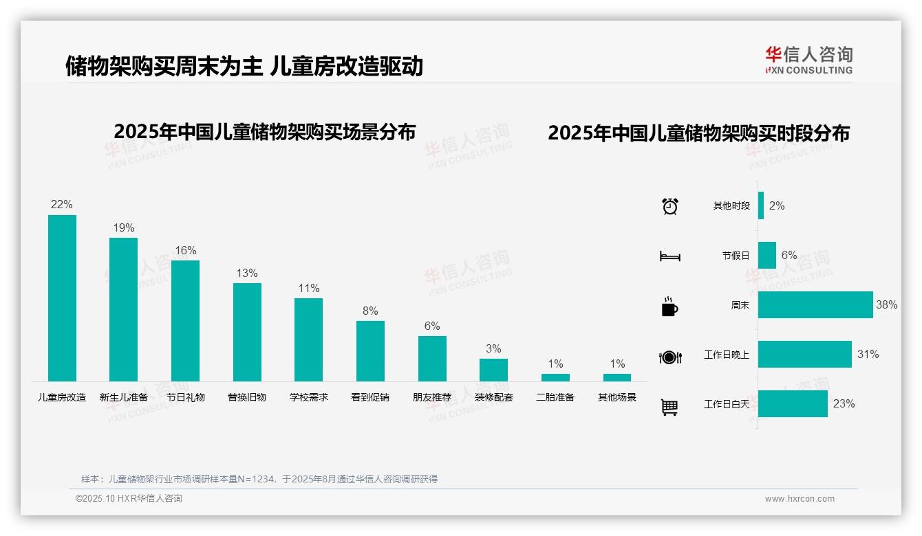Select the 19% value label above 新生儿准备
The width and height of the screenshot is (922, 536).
(124, 228)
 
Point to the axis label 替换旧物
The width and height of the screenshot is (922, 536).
(247, 397)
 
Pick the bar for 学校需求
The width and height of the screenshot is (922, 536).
(308, 339)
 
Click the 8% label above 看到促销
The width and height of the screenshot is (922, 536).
(370, 311)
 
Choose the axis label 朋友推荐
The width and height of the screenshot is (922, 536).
(432, 397)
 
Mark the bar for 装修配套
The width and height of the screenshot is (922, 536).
(493, 370)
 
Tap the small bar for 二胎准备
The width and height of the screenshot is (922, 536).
(555, 377)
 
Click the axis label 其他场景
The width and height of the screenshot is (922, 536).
(617, 397)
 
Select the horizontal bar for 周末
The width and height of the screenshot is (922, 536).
(815, 304)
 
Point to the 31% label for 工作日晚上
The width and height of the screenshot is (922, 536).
(868, 355)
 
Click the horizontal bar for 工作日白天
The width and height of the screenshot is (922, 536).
(793, 403)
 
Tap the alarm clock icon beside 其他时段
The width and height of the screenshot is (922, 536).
(669, 206)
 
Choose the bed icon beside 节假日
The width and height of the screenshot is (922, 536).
(669, 256)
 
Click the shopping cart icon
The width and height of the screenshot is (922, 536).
(669, 407)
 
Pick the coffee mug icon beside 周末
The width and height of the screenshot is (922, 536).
(669, 306)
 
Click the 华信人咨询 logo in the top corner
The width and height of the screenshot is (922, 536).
(808, 60)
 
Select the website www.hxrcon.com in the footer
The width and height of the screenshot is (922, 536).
(800, 499)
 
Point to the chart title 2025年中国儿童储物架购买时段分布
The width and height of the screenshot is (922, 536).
(698, 133)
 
